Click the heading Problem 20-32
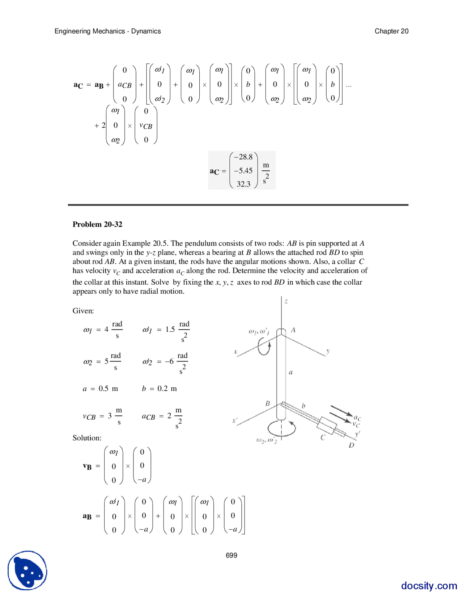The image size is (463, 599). point(97,224)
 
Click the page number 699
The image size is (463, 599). point(231,555)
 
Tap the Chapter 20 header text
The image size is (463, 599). point(391,31)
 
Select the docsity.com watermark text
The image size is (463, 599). point(429,585)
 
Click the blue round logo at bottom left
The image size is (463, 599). point(27,570)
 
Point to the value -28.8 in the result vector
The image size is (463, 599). point(243,157)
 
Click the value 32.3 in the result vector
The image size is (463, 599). point(243,184)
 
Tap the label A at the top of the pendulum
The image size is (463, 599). point(293,330)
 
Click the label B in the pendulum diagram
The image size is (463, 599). point(268,403)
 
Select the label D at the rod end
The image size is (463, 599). point(351,445)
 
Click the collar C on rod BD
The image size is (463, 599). point(327,426)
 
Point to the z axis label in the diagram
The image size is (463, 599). point(286,301)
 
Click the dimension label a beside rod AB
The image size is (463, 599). point(291,372)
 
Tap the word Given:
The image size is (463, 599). point(83,311)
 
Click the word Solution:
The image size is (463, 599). point(87,438)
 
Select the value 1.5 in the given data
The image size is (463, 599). point(170,329)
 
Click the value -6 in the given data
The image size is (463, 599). point(169,361)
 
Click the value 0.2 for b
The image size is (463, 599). point(162,388)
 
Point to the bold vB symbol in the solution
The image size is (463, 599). point(87,466)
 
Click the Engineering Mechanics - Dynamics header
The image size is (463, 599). point(107,31)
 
